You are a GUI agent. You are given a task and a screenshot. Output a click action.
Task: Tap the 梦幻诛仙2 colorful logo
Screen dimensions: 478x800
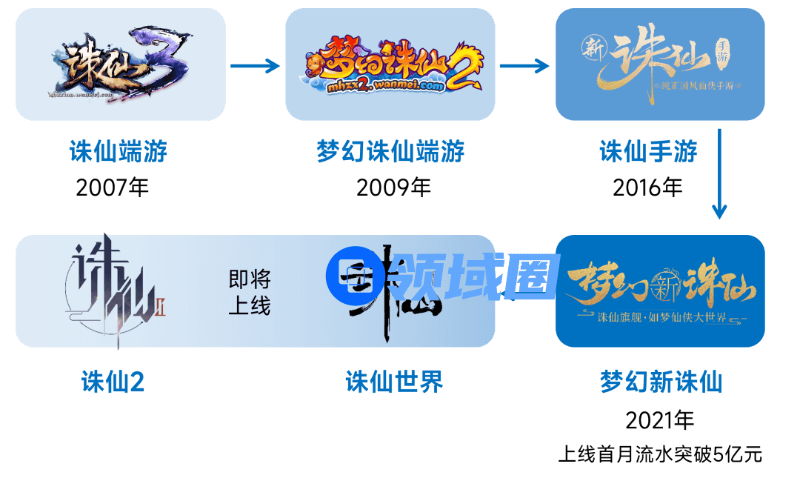click(x=390, y=65)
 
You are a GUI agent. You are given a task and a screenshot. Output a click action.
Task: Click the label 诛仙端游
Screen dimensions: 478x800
click(x=119, y=152)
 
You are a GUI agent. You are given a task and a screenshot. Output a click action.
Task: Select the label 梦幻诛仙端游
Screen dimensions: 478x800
click(x=390, y=152)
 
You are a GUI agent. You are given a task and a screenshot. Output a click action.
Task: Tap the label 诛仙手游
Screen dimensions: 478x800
click(x=649, y=152)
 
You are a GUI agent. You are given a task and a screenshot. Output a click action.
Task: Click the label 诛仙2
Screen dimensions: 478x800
click(x=113, y=382)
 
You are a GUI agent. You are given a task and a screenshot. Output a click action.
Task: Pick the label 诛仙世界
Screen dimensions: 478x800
click(x=394, y=382)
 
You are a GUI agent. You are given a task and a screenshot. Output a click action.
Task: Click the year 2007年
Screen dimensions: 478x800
click(x=113, y=187)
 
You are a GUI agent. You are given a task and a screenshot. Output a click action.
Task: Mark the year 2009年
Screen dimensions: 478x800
click(x=393, y=187)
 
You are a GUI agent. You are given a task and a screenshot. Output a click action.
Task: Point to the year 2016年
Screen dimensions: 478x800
click(x=647, y=187)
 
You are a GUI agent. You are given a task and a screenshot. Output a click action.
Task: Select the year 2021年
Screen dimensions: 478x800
click(x=660, y=421)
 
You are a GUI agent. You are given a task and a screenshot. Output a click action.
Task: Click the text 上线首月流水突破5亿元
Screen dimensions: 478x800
click(x=660, y=454)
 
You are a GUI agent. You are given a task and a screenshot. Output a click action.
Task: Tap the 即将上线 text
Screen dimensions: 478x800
click(x=250, y=292)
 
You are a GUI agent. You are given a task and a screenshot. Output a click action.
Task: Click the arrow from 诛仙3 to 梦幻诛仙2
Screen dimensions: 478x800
click(x=255, y=65)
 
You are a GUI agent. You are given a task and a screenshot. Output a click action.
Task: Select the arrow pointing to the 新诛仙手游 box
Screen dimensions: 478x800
click(x=524, y=65)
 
